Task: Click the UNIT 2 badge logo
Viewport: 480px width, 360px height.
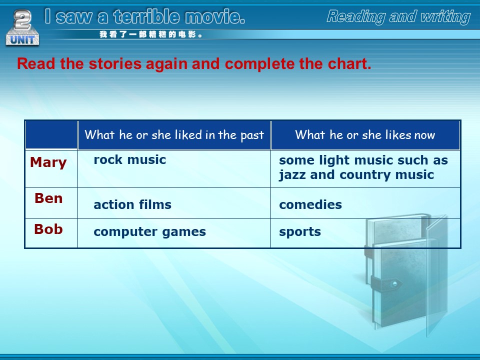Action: coord(22,27)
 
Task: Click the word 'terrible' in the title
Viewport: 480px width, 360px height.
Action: coord(146,16)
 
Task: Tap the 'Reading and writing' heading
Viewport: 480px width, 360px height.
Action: coord(398,16)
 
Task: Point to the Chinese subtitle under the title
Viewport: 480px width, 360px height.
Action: coord(150,34)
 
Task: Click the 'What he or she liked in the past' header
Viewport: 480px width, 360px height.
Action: coord(174,135)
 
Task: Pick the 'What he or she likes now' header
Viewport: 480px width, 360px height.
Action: coord(365,135)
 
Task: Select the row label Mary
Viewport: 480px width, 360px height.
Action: coord(48,162)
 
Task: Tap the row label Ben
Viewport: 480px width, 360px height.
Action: coord(48,198)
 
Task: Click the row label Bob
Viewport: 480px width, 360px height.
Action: coord(48,229)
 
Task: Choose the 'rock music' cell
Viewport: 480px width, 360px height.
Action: coord(130,160)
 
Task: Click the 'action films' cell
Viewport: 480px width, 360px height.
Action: coord(132,204)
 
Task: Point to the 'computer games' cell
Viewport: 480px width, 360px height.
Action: coord(149,232)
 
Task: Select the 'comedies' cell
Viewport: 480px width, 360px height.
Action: coord(310,204)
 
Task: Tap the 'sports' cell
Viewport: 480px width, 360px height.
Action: coord(300,232)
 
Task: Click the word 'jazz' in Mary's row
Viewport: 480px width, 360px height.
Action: coord(292,175)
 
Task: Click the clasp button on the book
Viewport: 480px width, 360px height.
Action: coord(395,283)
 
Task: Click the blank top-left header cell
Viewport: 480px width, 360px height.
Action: coord(51,135)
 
